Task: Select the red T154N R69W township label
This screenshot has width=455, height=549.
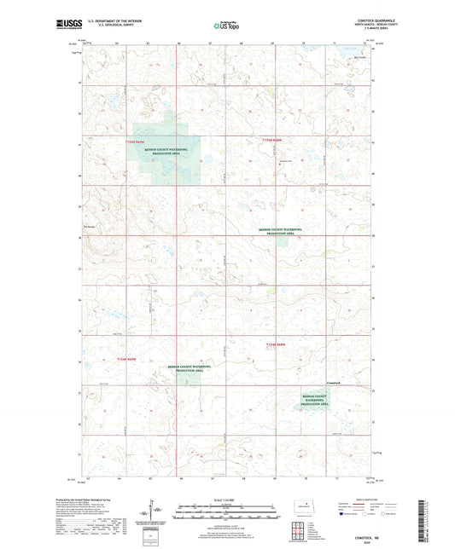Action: tap(125, 360)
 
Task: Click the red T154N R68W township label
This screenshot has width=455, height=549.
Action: tap(274, 343)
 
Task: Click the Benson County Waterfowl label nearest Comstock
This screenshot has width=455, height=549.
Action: tap(315, 400)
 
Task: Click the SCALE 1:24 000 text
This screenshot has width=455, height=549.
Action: tap(226, 500)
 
